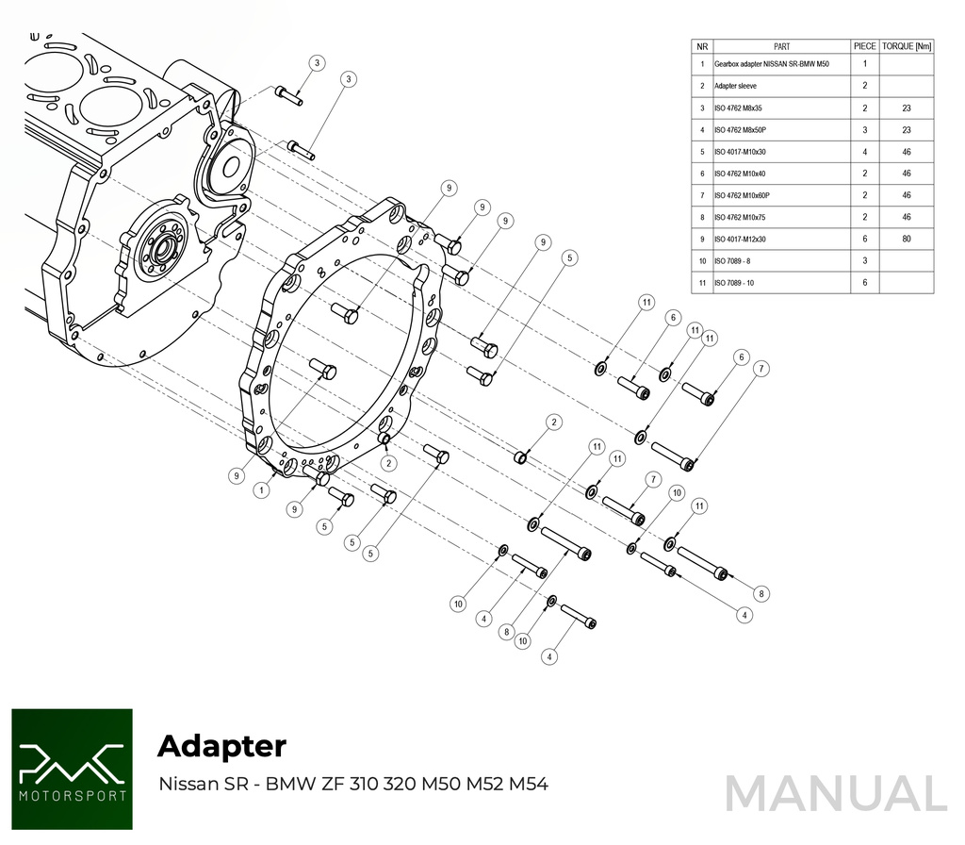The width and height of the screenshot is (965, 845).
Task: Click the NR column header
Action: [702, 45]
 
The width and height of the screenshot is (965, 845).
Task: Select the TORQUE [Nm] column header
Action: [907, 45]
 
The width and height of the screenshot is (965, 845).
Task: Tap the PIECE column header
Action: [864, 45]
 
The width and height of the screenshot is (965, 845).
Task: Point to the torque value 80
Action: [907, 239]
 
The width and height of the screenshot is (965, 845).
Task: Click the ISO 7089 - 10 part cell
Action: [736, 283]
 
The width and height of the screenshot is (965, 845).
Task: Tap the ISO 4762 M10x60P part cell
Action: [742, 195]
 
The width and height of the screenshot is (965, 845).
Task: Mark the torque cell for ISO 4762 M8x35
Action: [907, 108]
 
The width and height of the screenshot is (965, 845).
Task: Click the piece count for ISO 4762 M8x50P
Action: [864, 130]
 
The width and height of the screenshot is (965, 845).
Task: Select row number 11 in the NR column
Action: [702, 283]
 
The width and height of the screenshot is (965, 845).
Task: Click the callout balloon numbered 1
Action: [260, 491]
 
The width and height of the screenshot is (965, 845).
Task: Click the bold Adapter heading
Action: [221, 745]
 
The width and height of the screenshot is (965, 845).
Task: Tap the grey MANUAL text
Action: [835, 793]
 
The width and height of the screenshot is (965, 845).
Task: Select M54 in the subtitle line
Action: [529, 784]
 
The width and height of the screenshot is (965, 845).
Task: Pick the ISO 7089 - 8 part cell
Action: [734, 260]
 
